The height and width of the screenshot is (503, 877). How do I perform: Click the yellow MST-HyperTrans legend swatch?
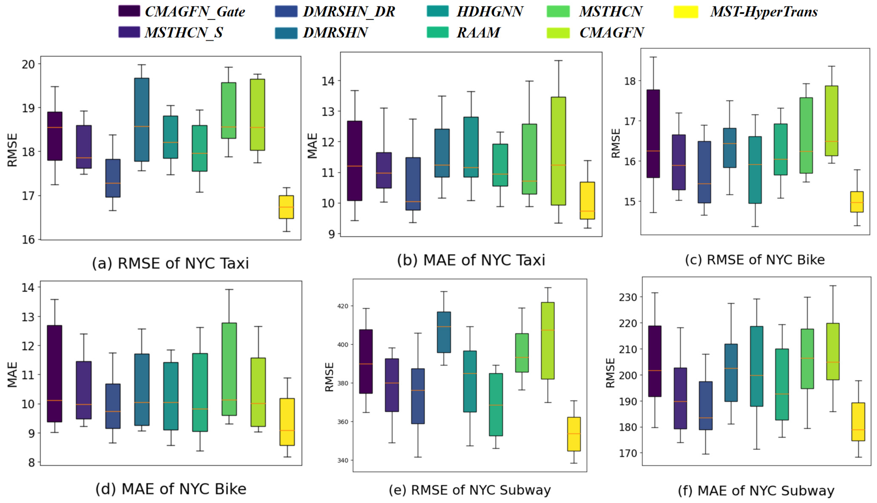686,12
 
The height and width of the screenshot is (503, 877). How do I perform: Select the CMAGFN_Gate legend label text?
195,12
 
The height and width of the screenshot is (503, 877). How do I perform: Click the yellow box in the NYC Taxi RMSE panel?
286,207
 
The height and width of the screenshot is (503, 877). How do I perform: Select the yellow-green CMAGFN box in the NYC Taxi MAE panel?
558,151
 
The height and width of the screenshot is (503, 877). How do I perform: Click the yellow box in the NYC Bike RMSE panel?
857,202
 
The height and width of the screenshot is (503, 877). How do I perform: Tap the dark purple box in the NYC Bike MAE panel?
54,373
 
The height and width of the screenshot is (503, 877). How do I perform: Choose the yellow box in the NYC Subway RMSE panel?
574,434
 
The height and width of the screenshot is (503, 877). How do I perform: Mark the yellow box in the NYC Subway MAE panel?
858,422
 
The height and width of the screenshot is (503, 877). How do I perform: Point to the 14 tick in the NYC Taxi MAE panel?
328,81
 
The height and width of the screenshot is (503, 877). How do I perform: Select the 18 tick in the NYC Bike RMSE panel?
630,81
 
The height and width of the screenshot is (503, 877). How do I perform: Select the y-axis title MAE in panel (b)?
312,146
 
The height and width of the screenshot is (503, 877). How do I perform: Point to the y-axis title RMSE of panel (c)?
616,143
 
